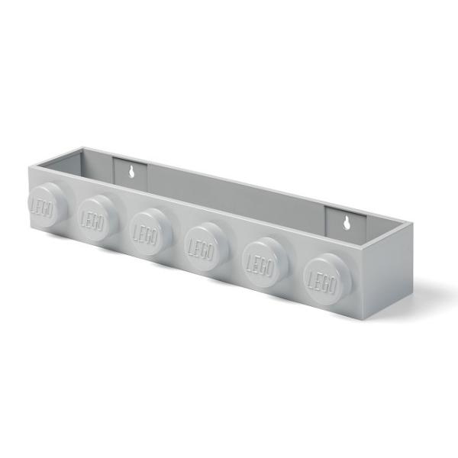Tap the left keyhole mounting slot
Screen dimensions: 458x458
[132, 171]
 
